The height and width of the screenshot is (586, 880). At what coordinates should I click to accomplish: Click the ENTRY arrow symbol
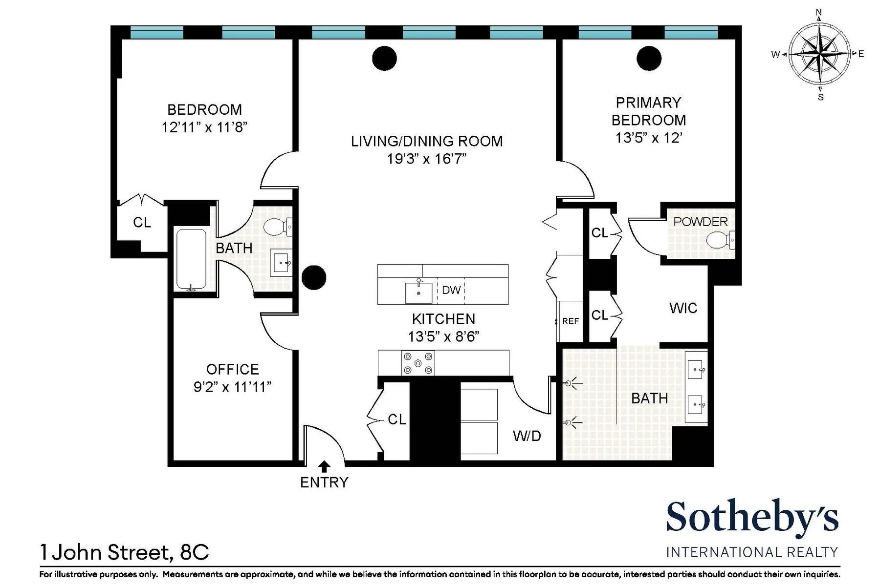(x=324, y=466)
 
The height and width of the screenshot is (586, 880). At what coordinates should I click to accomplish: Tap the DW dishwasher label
(x=451, y=290)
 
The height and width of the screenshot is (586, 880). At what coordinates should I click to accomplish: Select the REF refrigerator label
(x=570, y=321)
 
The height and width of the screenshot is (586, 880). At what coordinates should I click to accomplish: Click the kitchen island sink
(x=418, y=293)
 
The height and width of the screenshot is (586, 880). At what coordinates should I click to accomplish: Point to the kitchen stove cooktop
(x=418, y=363)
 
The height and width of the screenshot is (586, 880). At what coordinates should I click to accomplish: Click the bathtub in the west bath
(x=191, y=259)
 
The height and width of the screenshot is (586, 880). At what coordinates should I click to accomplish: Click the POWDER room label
(x=700, y=222)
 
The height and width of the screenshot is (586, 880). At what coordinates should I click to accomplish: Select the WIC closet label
(x=683, y=308)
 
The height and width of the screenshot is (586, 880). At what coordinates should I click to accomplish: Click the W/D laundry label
(x=527, y=436)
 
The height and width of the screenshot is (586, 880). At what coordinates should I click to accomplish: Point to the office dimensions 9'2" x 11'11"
(x=232, y=387)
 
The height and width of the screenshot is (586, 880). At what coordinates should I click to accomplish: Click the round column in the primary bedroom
(x=649, y=59)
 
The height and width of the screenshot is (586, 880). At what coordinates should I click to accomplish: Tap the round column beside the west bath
(x=314, y=277)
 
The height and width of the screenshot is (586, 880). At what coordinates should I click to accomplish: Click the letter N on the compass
(x=819, y=13)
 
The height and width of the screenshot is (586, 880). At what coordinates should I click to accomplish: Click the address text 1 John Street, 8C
(x=125, y=552)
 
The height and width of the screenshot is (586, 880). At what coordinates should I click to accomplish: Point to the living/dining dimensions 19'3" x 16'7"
(x=426, y=159)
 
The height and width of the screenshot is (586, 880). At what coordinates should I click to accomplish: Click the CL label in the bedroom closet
(x=142, y=223)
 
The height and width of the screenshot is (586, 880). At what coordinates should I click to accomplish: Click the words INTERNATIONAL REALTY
(x=752, y=552)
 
